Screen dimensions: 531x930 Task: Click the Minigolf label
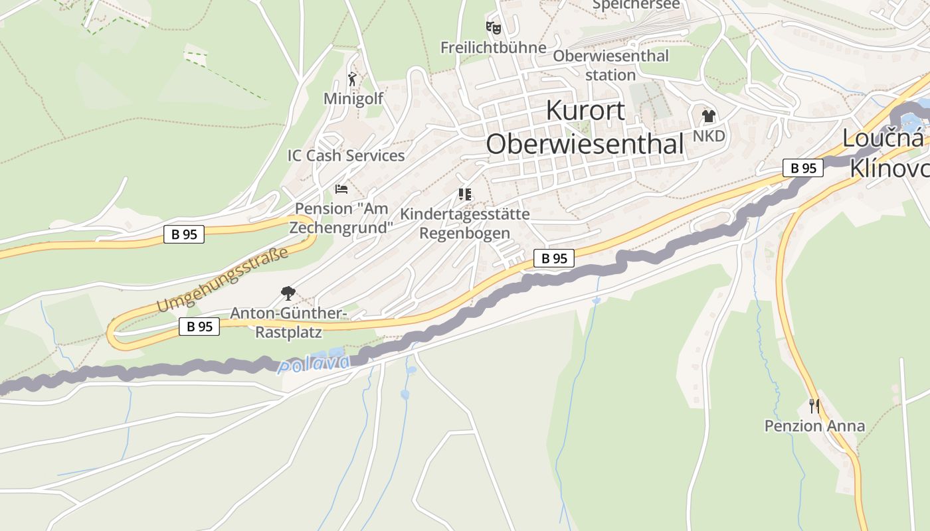coord(353,99)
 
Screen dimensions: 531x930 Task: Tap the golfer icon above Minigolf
coord(352,80)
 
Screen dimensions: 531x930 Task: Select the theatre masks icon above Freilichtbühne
coord(493,28)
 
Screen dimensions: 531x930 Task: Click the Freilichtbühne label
coord(493,48)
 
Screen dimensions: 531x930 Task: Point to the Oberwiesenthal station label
coord(610,65)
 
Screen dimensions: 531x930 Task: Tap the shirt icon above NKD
coord(708,116)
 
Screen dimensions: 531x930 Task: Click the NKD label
coord(709,136)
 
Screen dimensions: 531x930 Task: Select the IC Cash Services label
coord(345,155)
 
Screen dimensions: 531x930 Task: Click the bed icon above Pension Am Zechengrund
coord(341,189)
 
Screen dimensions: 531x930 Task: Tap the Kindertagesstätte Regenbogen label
coord(465,224)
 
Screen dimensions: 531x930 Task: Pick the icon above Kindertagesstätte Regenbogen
coord(465,194)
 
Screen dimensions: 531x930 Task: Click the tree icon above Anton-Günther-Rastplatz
coord(288,293)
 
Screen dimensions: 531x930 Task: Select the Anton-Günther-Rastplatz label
coord(288,322)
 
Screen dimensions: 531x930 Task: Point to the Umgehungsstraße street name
coord(223,279)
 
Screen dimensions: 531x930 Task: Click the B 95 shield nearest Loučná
coord(802,168)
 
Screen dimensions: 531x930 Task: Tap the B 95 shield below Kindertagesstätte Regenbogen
coord(553,258)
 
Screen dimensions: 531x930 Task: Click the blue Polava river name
coord(314,364)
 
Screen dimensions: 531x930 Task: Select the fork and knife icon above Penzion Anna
coord(814,406)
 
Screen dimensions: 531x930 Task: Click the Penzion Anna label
coord(814,425)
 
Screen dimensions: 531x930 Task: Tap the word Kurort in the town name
coord(585,110)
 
